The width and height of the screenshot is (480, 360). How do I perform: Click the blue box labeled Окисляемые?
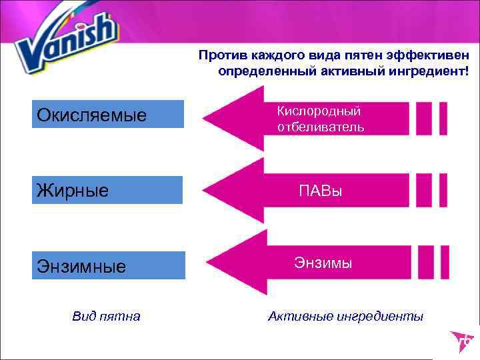[109, 114]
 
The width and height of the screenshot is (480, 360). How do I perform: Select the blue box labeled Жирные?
[109, 190]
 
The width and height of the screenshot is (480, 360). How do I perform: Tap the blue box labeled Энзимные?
[109, 265]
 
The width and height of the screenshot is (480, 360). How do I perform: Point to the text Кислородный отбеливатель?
[320, 119]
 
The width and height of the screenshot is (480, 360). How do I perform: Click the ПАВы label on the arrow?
[320, 192]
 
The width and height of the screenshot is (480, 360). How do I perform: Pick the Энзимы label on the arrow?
[323, 263]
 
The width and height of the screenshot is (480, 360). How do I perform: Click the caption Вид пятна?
[106, 316]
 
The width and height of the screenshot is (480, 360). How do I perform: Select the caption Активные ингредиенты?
[345, 316]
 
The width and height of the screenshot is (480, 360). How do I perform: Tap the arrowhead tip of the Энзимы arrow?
[208, 262]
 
